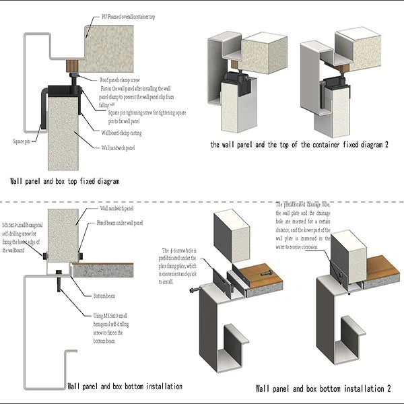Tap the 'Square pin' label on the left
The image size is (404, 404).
pyautogui.click(x=23, y=141)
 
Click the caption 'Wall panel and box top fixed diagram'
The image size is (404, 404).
pyautogui.click(x=65, y=181)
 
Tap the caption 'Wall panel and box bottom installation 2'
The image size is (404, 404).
pyautogui.click(x=323, y=389)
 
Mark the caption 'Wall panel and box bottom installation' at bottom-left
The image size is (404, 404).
pyautogui.click(x=125, y=386)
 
